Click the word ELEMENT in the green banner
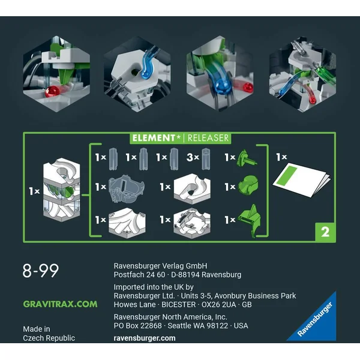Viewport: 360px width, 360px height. point(154,138)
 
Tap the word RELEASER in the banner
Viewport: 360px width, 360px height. point(208,138)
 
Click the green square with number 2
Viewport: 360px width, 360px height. point(325,232)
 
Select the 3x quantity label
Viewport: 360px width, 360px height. point(193,157)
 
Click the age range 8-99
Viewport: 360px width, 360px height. point(41,271)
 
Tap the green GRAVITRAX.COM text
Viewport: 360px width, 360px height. point(60,304)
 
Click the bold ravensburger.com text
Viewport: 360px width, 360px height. point(145,338)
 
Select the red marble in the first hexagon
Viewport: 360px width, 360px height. point(52,91)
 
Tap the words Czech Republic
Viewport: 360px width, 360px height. point(49,338)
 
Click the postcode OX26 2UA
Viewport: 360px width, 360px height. point(218,305)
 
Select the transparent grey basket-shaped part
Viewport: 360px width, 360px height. point(127,188)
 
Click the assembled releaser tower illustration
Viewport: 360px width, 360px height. point(62,190)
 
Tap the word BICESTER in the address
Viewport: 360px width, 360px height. point(179,305)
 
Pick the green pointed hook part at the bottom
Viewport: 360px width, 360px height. point(250,221)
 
